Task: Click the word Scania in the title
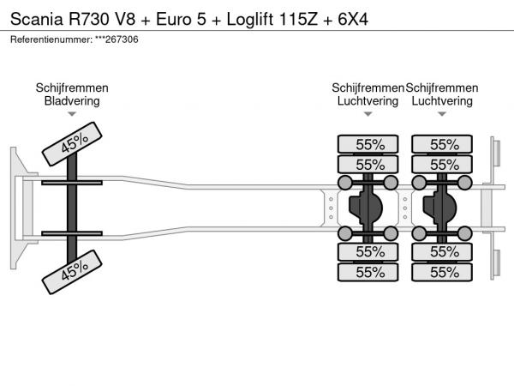point(32,18)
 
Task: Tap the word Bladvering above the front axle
point(72,100)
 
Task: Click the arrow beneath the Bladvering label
point(72,116)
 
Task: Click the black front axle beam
point(73,208)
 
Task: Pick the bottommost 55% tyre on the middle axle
point(369,272)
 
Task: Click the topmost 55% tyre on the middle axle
point(369,144)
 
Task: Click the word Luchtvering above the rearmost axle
point(442,100)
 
